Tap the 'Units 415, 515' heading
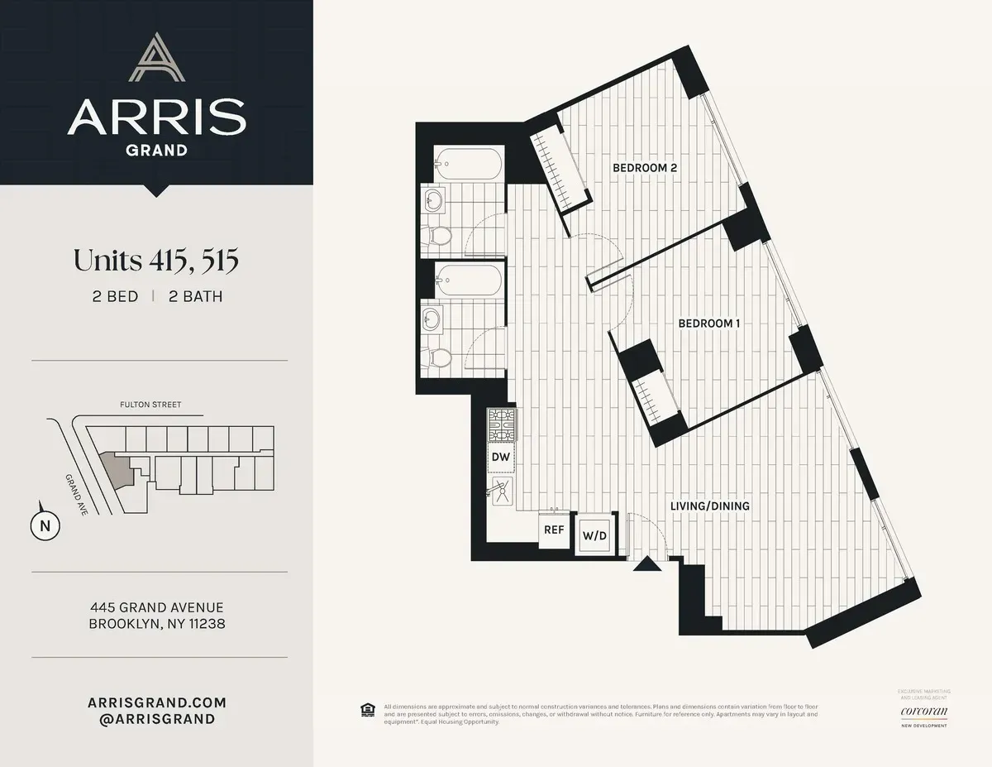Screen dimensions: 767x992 tap(156, 261)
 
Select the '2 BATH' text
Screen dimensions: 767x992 tap(195, 296)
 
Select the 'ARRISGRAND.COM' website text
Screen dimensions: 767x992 tap(156, 702)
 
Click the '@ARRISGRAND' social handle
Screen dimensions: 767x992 tap(156, 719)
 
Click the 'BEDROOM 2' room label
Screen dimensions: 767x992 tap(645, 168)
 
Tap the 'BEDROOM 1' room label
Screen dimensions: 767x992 tap(708, 324)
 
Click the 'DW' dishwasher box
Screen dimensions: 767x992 tap(501, 457)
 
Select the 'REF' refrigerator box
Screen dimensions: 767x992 tap(552, 530)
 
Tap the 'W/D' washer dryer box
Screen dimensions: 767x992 tap(595, 535)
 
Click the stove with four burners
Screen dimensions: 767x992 tap(501, 426)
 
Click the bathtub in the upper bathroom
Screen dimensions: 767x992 tap(467, 164)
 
